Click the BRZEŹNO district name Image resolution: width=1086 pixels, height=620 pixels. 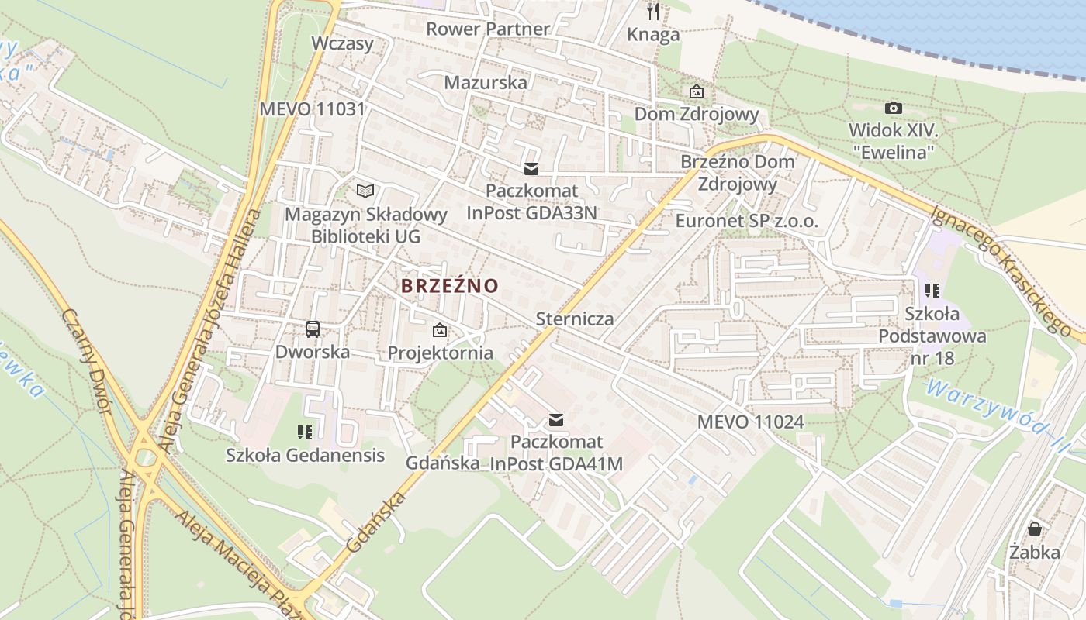pos(450,285)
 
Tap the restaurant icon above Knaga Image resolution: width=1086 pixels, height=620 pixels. pos(653,11)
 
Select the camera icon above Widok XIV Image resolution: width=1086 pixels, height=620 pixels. pos(894,108)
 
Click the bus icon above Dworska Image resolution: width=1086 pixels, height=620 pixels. pos(313,329)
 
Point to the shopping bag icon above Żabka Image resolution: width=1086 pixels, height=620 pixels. pos(1035,529)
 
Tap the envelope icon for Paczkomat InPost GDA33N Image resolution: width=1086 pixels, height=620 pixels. pos(531,169)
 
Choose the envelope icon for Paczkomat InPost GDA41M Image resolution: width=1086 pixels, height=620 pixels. pos(556,420)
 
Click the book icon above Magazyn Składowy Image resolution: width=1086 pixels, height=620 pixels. pos(365,191)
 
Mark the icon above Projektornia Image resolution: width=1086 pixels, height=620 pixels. pos(440,331)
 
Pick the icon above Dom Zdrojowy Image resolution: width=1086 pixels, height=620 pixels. pos(697,91)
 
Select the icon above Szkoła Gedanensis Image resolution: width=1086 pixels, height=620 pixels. pos(305,432)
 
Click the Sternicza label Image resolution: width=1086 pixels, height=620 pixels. pos(575,319)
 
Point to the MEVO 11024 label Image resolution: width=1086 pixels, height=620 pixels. pos(750,422)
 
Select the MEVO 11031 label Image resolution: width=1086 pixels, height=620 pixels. pos(312,108)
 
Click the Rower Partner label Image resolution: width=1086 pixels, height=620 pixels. pos(488,29)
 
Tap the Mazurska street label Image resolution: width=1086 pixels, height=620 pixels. pos(486,82)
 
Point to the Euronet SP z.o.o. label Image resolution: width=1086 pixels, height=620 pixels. pos(747,220)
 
